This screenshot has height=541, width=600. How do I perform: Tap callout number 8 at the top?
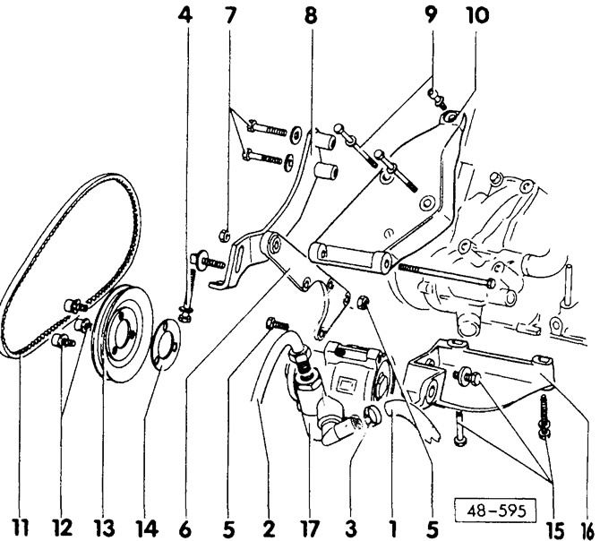pos(311,15)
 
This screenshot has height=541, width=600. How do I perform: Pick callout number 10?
pos(472,15)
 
